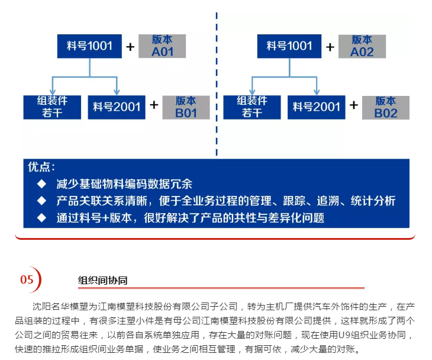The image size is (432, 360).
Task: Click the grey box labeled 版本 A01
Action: pyautogui.click(x=162, y=46)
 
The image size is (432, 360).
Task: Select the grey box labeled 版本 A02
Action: pyautogui.click(x=362, y=46)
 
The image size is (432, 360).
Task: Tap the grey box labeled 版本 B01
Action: pyautogui.click(x=186, y=107)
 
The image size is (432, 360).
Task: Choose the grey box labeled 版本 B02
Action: pyautogui.click(x=386, y=108)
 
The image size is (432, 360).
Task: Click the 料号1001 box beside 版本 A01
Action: pyautogui.click(x=89, y=46)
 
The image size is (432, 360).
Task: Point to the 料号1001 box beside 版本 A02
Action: pyautogui.click(x=289, y=46)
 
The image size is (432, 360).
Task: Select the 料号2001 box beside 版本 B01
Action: pyautogui.click(x=117, y=107)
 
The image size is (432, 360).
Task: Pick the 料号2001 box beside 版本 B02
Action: pyautogui.click(x=316, y=107)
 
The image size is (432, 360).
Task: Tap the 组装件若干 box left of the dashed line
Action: pyautogui.click(x=52, y=107)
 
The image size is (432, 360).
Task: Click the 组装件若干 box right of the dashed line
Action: pyautogui.click(x=252, y=107)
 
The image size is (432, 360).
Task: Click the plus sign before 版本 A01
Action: pyautogui.click(x=130, y=47)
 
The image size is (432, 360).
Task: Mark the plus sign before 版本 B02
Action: pyautogui.click(x=354, y=105)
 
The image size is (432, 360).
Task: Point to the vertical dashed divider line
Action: pyautogui.click(x=217, y=84)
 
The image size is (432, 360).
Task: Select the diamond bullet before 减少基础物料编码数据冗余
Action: pyautogui.click(x=41, y=184)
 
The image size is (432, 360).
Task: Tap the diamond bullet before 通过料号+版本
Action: pyautogui.click(x=41, y=218)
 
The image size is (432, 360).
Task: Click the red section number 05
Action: pyautogui.click(x=27, y=279)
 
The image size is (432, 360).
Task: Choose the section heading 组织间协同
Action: pyautogui.click(x=102, y=280)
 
